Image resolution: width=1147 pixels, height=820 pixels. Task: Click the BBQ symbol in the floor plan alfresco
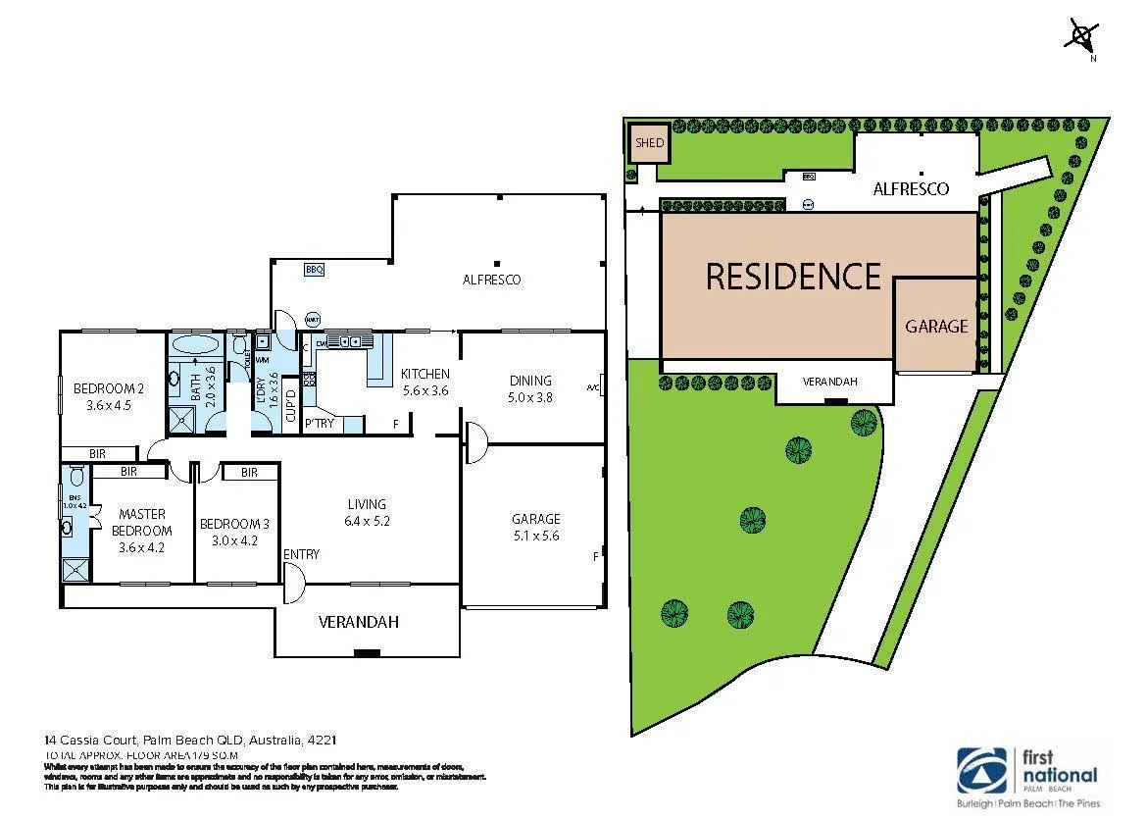tap(314, 269)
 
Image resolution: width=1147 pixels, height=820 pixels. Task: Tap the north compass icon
tap(1081, 36)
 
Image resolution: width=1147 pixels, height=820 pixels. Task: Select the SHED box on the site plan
tap(649, 143)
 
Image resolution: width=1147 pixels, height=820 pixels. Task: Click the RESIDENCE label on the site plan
tap(793, 277)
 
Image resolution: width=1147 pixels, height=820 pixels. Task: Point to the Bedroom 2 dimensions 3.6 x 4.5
tap(109, 403)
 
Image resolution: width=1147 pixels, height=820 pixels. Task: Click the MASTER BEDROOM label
tap(141, 522)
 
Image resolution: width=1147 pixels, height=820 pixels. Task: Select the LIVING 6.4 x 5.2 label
tap(367, 513)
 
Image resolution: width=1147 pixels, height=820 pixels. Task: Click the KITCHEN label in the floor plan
tap(425, 374)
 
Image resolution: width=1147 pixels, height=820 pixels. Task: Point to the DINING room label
tap(530, 381)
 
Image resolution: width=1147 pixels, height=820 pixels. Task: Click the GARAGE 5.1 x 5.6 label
tap(535, 527)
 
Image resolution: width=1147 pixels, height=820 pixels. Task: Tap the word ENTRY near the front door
tap(301, 555)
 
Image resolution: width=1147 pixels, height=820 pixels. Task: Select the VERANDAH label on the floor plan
tap(359, 622)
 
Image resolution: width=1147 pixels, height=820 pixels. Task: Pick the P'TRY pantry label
tap(319, 425)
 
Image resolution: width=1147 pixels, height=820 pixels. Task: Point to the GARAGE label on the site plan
tap(936, 327)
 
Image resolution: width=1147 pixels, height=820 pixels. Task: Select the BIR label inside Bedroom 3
tap(248, 473)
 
